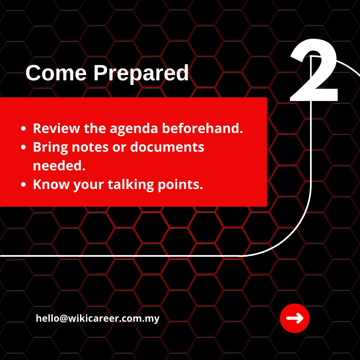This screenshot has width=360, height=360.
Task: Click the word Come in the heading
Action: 56,73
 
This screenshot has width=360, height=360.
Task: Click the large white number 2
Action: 314,70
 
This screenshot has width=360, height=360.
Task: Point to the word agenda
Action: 134,129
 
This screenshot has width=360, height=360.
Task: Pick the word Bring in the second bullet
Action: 50,148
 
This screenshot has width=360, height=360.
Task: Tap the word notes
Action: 90,147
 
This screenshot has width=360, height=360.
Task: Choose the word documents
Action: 167,147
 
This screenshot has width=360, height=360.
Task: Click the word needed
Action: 59,166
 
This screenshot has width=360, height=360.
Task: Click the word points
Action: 180,185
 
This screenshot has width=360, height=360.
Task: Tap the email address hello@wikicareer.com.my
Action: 98,318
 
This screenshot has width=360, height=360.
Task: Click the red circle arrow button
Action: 295,318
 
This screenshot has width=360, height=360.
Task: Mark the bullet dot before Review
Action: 23,129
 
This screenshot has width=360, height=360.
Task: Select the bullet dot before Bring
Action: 23,147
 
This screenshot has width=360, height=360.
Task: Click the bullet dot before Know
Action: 23,184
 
